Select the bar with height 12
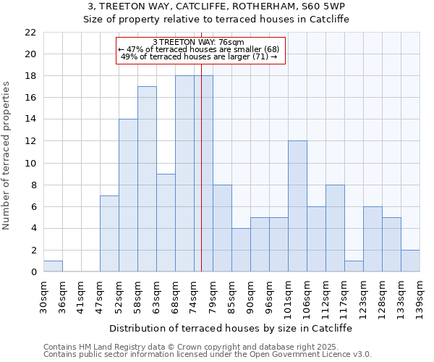click(x=297, y=206)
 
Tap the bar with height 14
click(x=128, y=195)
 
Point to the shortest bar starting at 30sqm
click(x=53, y=266)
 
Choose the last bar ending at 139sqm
click(x=410, y=261)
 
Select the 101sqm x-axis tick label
click(x=289, y=295)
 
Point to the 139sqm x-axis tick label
click(x=420, y=295)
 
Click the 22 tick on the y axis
click(x=30, y=33)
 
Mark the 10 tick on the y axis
click(x=30, y=163)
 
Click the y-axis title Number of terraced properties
click(x=7, y=155)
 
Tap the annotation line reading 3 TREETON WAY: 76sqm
click(x=199, y=43)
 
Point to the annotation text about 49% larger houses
click(x=199, y=56)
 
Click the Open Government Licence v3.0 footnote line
click(x=208, y=355)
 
